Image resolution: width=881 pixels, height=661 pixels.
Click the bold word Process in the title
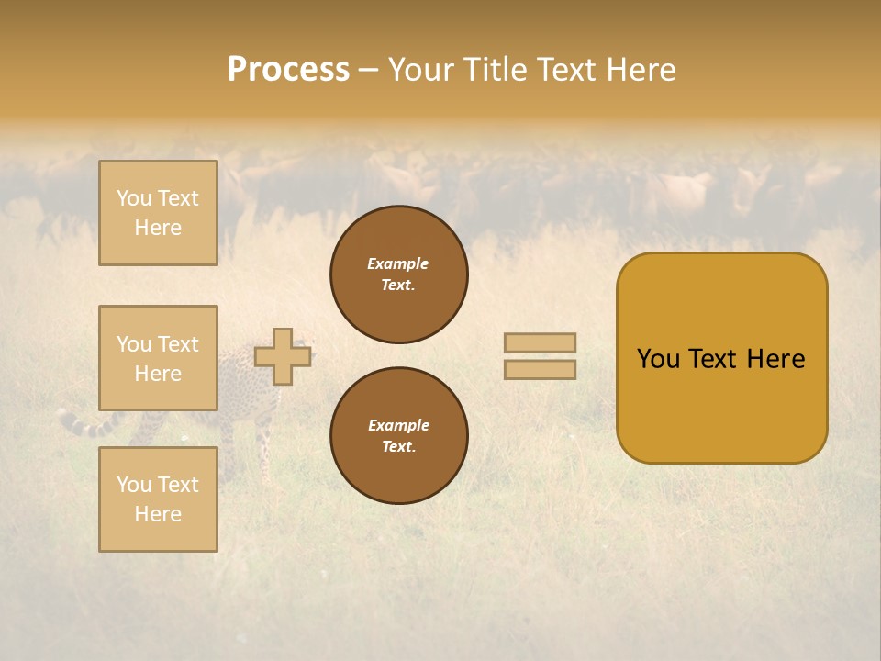click(288, 70)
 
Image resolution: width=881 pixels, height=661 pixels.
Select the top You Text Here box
click(158, 213)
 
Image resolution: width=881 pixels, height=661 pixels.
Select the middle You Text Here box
click(158, 358)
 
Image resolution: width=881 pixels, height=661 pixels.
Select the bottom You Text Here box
click(158, 499)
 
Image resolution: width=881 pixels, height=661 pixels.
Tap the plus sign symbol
click(282, 356)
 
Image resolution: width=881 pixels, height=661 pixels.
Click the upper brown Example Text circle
click(399, 274)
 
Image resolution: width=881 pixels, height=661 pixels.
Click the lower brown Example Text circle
click(399, 435)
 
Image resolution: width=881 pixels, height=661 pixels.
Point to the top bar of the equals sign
click(540, 342)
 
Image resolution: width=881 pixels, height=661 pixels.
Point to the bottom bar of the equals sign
click(540, 369)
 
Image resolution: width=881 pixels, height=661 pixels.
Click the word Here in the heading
click(640, 70)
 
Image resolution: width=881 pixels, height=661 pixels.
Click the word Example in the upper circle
click(398, 263)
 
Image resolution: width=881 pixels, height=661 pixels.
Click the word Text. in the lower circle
click(398, 446)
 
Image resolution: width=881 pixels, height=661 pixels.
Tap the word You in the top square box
click(133, 198)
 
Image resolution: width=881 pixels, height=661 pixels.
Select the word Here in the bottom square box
click(158, 514)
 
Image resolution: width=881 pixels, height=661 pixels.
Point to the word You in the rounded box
click(658, 359)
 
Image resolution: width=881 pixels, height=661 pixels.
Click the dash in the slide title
click(368, 71)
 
